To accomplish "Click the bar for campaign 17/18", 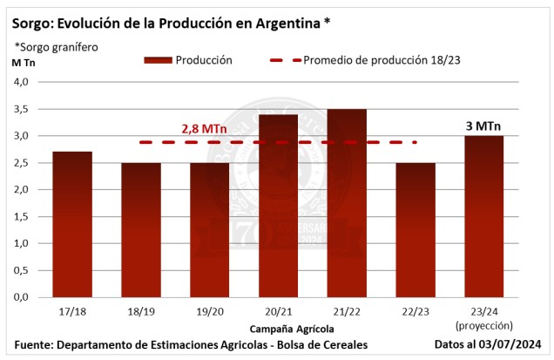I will (72, 225).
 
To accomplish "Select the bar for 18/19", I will (141, 230).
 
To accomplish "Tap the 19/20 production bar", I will (210, 230).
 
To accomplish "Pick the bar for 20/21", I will (279, 206).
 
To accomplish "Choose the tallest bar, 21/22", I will (348, 203).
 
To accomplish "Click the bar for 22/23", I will (416, 230).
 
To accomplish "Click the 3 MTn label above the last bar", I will (484, 125).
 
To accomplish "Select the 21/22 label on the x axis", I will (348, 311).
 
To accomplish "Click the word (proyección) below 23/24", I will (484, 324).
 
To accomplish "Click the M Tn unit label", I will (24, 62).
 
